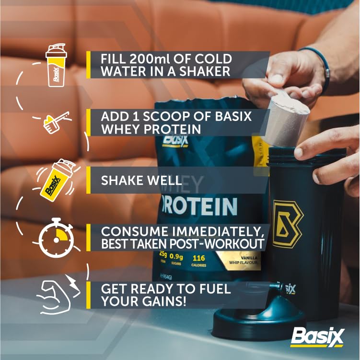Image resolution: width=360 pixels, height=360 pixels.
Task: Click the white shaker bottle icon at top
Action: (x=56, y=65)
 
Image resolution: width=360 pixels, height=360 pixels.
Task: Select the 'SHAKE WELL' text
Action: (x=141, y=181)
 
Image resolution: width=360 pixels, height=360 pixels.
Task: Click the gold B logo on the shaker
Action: (x=288, y=223)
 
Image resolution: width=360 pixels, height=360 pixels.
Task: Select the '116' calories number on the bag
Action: (x=199, y=258)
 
